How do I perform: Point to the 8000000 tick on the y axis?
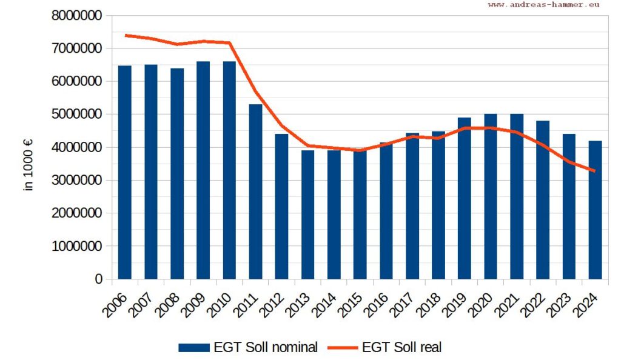76,16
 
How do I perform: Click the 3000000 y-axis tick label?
76,181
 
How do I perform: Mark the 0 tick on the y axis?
98,279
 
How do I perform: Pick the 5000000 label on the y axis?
76,115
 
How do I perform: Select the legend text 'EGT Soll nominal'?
265,347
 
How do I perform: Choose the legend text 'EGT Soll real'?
401,347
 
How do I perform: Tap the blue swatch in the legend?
194,347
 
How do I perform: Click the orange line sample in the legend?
343,347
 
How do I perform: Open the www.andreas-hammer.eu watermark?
544,4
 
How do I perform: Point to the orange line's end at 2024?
594,171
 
